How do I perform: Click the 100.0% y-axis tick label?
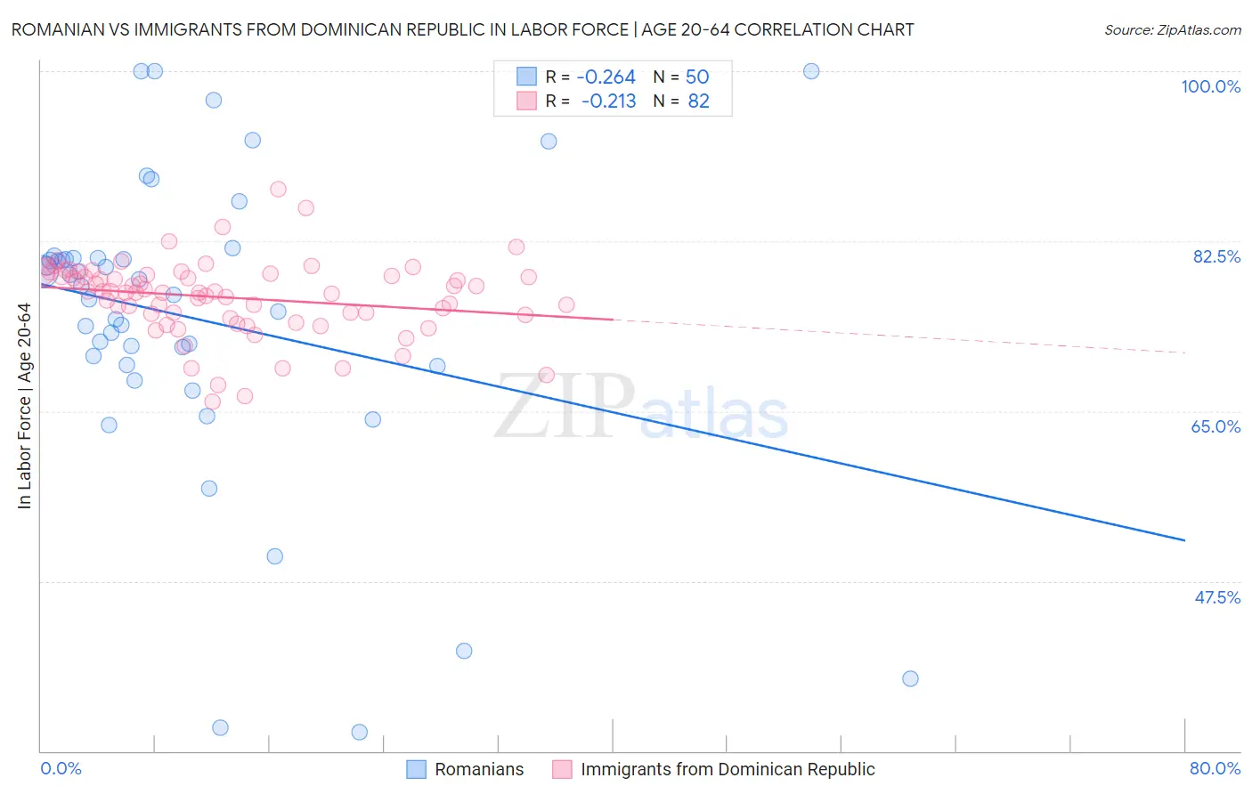point(1210,86)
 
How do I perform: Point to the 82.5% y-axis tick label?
point(1215,256)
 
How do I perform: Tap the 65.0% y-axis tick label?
point(1215,426)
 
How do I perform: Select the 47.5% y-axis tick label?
point(1216,597)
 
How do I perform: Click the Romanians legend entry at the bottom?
point(478,770)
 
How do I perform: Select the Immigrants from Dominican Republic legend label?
point(727,770)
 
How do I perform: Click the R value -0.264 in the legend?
point(606,77)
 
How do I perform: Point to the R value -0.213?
point(608,101)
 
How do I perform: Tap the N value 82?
point(698,101)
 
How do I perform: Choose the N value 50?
point(697,77)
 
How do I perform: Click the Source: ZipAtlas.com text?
point(1172,30)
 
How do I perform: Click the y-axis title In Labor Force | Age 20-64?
point(25,406)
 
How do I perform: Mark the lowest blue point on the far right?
point(910,679)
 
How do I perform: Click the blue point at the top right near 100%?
point(811,71)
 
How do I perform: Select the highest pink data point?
point(278,189)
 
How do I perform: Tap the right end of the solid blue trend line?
point(1184,540)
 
